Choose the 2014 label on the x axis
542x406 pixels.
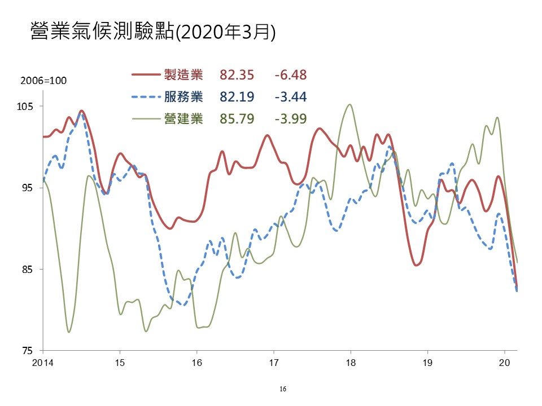42,361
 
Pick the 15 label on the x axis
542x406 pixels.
120,361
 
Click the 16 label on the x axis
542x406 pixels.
196,361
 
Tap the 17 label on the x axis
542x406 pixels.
273,361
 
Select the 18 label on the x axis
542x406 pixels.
350,361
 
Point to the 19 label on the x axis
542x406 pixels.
427,361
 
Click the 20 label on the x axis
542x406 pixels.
504,361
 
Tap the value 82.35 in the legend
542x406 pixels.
237,74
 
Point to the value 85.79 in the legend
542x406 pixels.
237,118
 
